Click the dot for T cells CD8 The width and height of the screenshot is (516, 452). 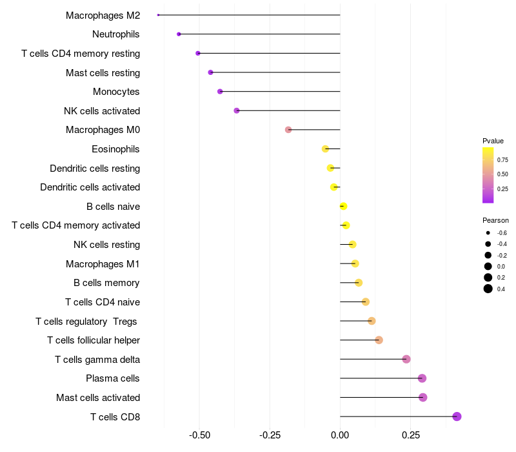point(457,416)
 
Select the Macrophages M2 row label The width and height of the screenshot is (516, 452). point(103,15)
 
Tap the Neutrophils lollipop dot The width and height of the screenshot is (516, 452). point(179,34)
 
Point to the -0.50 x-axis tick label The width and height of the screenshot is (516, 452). point(199,436)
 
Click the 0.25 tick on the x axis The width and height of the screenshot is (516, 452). point(410,436)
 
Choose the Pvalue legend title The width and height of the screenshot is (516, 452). point(493,141)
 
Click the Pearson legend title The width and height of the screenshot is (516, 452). point(495,220)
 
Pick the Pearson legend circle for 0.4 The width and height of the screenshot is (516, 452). point(488,289)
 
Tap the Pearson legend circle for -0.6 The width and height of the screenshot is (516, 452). point(488,232)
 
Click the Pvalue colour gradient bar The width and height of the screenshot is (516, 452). point(488,175)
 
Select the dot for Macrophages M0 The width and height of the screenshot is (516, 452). point(288,130)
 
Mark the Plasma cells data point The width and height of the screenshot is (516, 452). point(422,378)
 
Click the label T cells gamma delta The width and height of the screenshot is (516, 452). point(97,359)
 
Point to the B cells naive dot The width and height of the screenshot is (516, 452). point(343,207)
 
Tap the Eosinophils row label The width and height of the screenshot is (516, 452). point(115,149)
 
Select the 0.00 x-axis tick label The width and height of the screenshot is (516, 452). point(340,436)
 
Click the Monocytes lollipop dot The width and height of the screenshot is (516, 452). point(220,92)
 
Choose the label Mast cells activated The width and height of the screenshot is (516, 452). point(98,397)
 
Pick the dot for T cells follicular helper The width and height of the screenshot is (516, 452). point(379,340)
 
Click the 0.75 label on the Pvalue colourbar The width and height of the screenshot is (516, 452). point(502,159)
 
